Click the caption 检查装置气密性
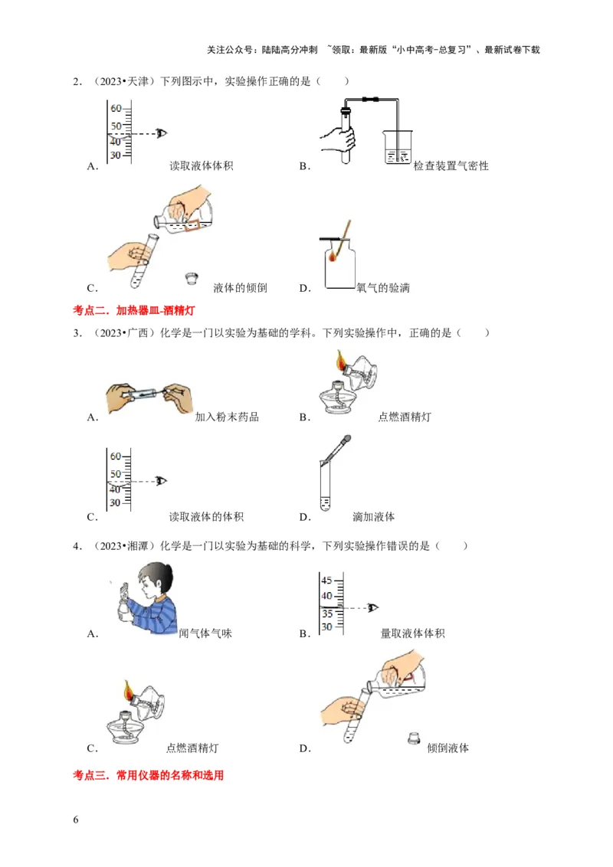(x=451, y=166)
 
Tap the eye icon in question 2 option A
(x=161, y=133)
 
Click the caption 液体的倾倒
(x=240, y=288)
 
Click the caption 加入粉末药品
(x=227, y=417)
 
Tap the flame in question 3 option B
(x=339, y=358)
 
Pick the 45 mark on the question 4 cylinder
(x=326, y=580)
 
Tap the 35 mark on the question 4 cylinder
(x=326, y=613)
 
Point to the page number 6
(x=75, y=820)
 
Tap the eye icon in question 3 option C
(x=161, y=481)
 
